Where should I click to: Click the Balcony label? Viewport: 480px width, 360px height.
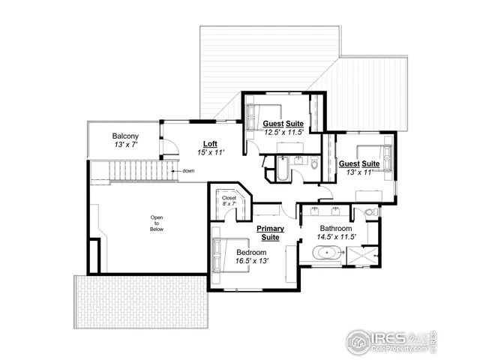125,136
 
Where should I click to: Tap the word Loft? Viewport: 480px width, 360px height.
211,142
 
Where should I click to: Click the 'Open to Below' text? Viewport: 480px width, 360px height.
157,223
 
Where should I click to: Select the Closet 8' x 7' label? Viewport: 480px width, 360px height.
229,201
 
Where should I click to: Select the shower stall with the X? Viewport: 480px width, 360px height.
364,255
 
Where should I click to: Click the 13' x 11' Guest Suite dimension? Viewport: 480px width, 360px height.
355,172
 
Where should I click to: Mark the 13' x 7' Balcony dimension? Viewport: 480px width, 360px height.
125,145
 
